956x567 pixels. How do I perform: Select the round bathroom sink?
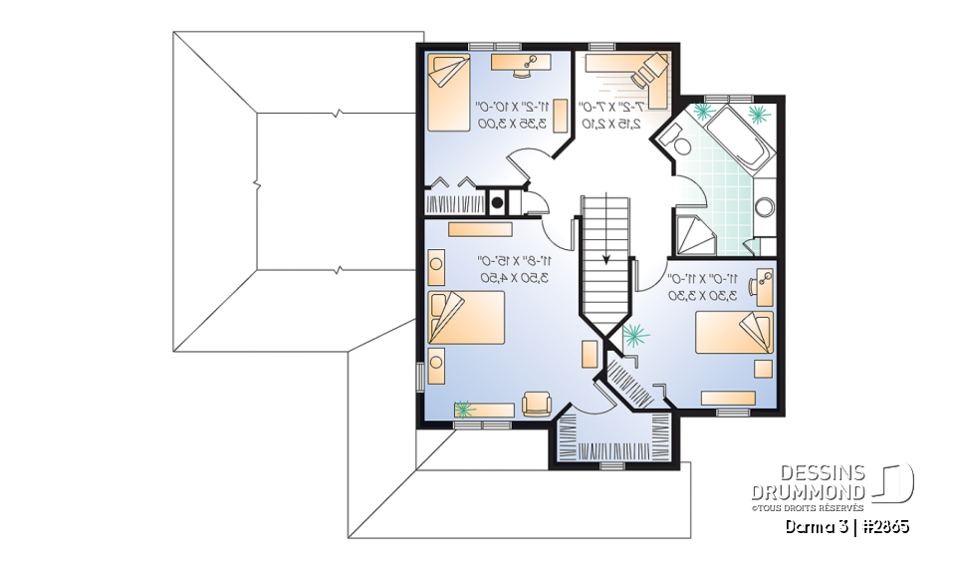pyautogui.click(x=765, y=208)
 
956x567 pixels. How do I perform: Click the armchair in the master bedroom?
pyautogui.click(x=536, y=403)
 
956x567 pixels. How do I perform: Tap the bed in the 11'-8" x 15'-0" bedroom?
pyautogui.click(x=465, y=318)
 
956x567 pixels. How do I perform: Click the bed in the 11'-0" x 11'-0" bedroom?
pyautogui.click(x=735, y=332)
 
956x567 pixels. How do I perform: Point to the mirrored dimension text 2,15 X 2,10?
pyautogui.click(x=611, y=124)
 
